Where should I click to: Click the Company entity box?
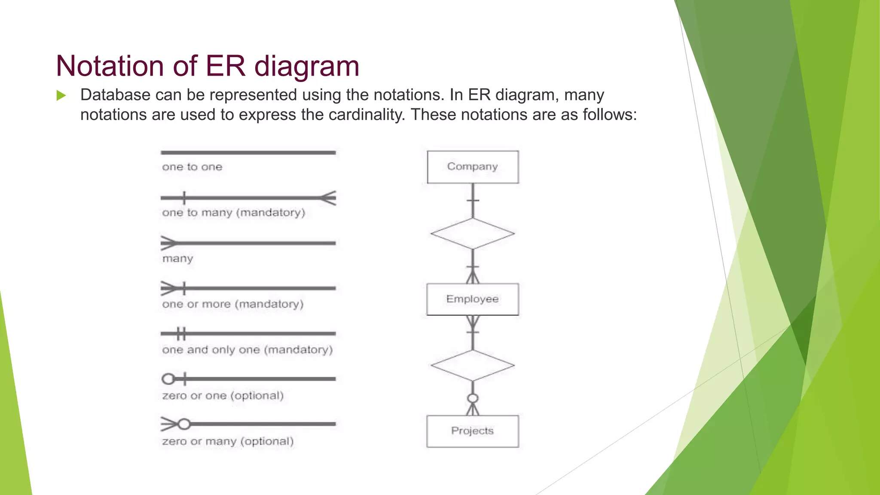[473, 167]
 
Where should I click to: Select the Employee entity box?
[473, 299]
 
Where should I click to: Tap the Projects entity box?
[473, 431]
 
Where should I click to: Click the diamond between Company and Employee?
[473, 233]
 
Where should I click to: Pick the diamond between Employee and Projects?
[473, 365]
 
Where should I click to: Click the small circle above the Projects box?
[473, 398]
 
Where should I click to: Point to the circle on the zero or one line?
[168, 379]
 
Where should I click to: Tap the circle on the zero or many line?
[184, 424]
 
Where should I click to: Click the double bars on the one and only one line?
[181, 333]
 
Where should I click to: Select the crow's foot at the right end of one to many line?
[328, 198]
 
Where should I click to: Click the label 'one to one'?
[192, 167]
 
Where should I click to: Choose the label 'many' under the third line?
[177, 259]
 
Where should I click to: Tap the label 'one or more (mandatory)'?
[232, 304]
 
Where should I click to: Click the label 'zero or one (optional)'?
[223, 395]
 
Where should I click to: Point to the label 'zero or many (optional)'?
[228, 441]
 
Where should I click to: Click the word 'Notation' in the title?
[110, 66]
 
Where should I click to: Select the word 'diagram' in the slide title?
[306, 66]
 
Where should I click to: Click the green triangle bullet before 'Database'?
[61, 95]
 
